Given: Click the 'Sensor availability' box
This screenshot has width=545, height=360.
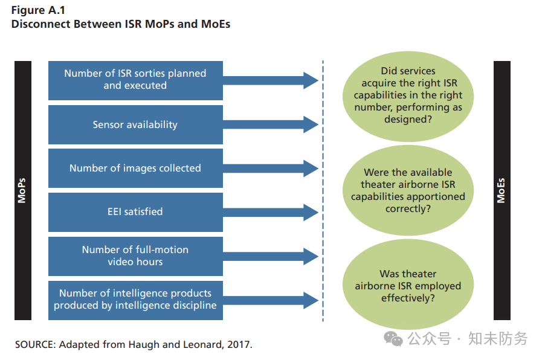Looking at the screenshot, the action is pyautogui.click(x=135, y=125).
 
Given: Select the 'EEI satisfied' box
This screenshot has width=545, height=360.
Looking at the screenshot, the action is pyautogui.click(x=135, y=213).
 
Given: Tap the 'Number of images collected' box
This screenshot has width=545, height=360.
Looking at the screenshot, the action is pyautogui.click(x=135, y=168).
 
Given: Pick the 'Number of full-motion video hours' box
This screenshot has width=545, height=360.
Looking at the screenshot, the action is pyautogui.click(x=135, y=257).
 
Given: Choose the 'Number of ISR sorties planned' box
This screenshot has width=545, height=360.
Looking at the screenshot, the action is pyautogui.click(x=135, y=80).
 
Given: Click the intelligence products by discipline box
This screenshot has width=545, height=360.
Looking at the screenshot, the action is pyautogui.click(x=135, y=300).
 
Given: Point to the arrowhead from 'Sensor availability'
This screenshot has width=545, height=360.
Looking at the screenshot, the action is pyautogui.click(x=311, y=124).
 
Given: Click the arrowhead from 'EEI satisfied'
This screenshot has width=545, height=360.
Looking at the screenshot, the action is pyautogui.click(x=311, y=213).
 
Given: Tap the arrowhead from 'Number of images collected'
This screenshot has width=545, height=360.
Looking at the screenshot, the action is pyautogui.click(x=311, y=169).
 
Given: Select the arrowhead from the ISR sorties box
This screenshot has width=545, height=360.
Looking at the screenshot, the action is pyautogui.click(x=311, y=80).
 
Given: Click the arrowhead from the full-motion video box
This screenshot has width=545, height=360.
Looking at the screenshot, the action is pyautogui.click(x=311, y=257).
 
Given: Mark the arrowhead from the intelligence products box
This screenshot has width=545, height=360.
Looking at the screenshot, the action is pyautogui.click(x=311, y=300).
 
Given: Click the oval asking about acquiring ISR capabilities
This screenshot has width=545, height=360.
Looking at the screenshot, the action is pyautogui.click(x=408, y=96).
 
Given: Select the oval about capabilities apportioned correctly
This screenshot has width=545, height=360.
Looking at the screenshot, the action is pyautogui.click(x=408, y=190).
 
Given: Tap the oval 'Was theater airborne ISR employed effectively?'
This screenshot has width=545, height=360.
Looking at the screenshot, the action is pyautogui.click(x=408, y=284).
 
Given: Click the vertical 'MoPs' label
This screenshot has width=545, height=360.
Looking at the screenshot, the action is pyautogui.click(x=22, y=190).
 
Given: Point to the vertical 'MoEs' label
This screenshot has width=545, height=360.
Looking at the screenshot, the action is pyautogui.click(x=501, y=190).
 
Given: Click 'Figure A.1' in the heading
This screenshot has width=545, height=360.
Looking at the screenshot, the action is pyautogui.click(x=38, y=10).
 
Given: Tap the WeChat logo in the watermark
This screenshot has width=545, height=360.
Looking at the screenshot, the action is pyautogui.click(x=393, y=339).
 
